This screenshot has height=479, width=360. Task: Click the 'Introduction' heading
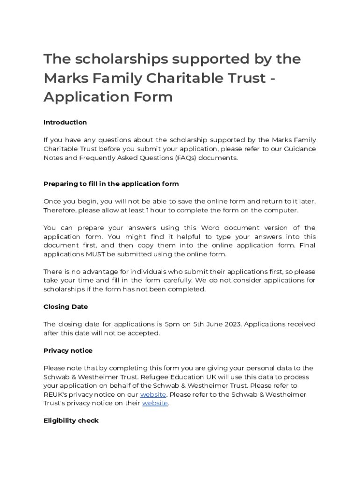pos(65,123)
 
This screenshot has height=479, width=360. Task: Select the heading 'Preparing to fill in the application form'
pos(111,184)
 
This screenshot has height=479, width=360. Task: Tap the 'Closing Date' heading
pos(65,307)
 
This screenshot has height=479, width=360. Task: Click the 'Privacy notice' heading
pos(68,351)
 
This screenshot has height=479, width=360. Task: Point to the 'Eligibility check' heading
pos(71,421)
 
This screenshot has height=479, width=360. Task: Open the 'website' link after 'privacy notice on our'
pos(153,395)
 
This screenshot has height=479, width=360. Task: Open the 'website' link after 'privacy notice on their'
pos(155,403)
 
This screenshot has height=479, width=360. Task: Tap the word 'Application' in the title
pos(84,97)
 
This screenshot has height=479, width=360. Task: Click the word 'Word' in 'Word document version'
pos(210,228)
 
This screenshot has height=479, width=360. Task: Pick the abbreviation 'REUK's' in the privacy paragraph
pos(56,395)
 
